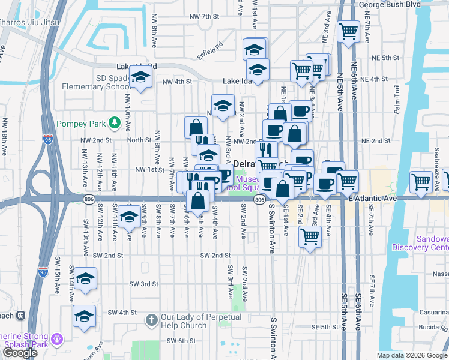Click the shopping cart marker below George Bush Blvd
click(x=348, y=31)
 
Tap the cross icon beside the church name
click(x=151, y=321)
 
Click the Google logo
click(x=20, y=353)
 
